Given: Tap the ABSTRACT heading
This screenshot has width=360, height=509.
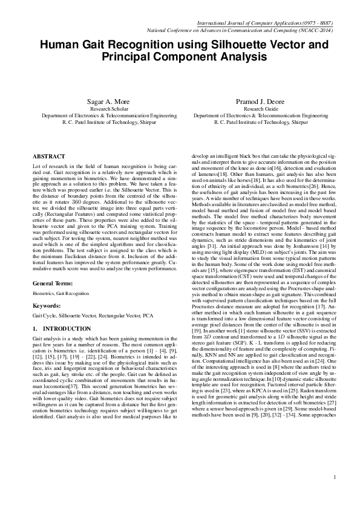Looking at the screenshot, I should (49, 156).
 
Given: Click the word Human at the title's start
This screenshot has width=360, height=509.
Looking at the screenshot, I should (60, 45).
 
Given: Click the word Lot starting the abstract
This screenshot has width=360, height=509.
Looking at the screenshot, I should (37, 165).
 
